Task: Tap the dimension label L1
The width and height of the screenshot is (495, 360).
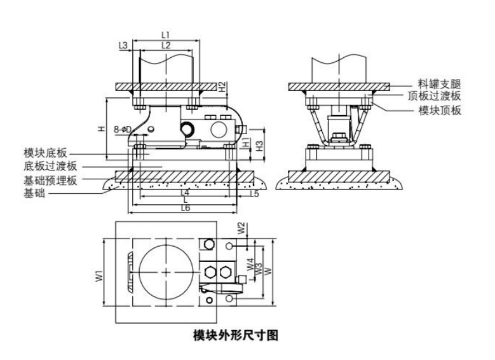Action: click(x=165, y=34)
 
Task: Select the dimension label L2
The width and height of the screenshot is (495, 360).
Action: click(x=165, y=45)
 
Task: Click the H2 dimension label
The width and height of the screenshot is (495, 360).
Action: click(x=222, y=87)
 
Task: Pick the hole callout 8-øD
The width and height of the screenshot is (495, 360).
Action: click(x=122, y=130)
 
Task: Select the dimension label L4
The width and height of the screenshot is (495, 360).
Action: click(x=184, y=192)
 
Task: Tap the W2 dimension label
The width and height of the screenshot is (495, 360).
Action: click(x=241, y=226)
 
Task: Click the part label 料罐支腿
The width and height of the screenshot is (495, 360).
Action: click(x=439, y=83)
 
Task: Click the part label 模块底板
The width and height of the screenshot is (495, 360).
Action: click(x=45, y=153)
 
